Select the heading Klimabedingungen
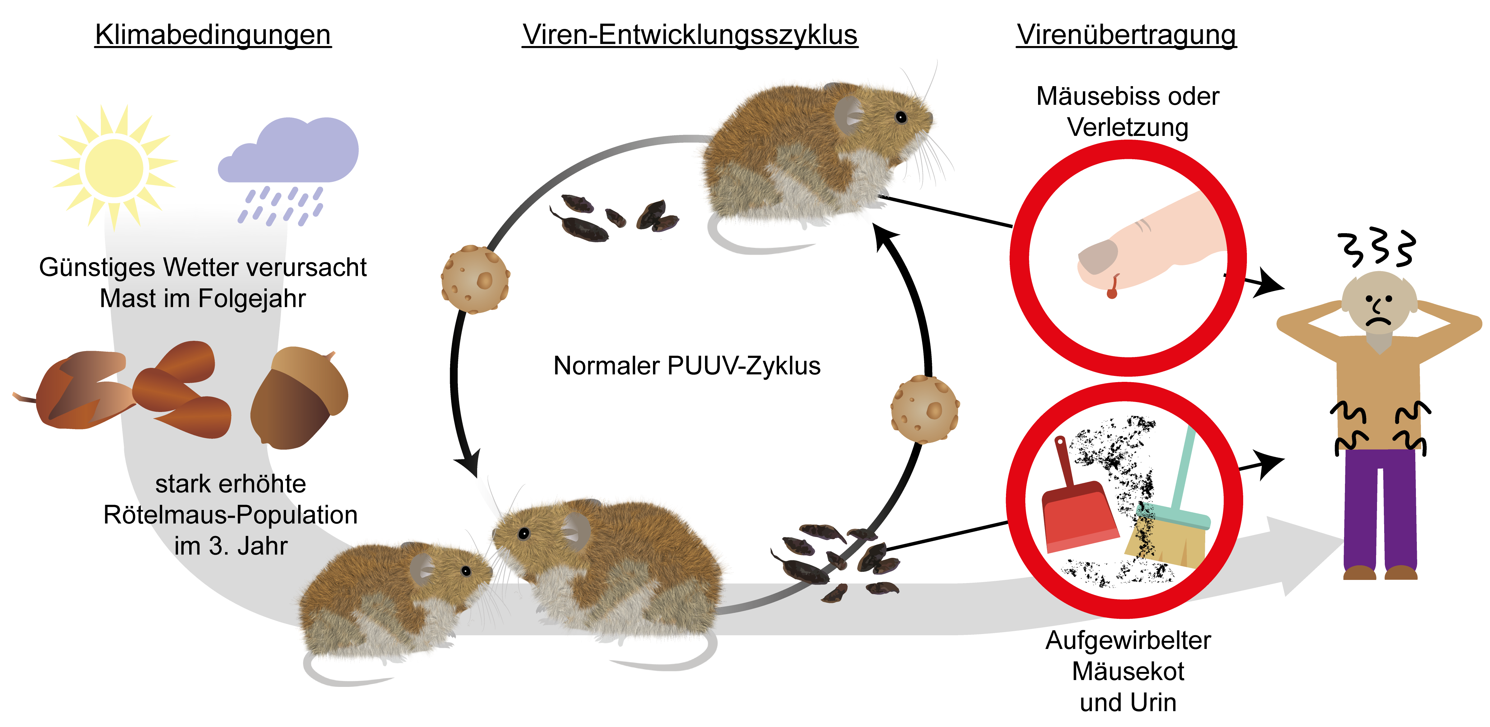pos(213,35)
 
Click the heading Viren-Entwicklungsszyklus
pos(689,35)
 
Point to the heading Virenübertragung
pos(1126,35)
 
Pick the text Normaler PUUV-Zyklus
pos(687,366)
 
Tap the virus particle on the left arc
pos(475,280)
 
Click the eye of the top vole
pos(900,117)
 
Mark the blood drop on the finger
pos(1112,292)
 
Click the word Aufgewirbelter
pos(1128,640)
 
